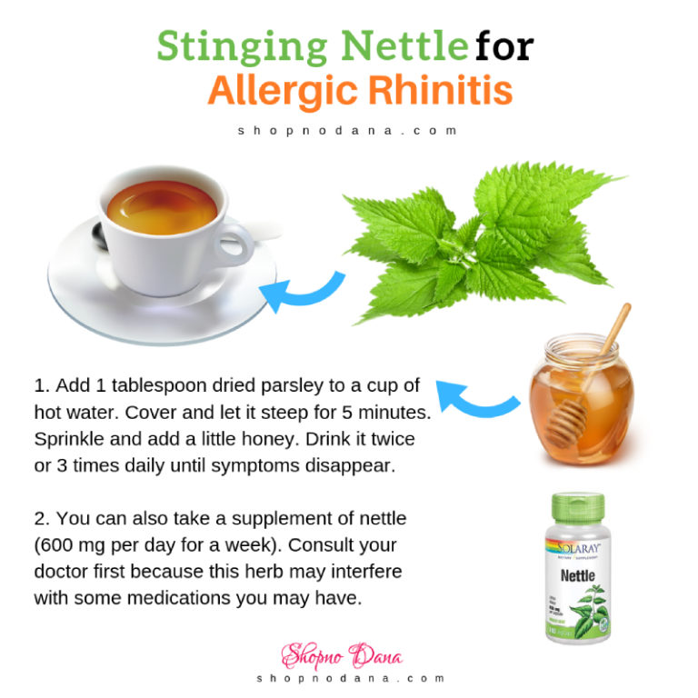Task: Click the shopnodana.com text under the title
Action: click(348, 130)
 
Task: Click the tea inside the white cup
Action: click(162, 208)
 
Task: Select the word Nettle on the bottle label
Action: click(577, 575)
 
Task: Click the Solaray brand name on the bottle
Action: click(577, 546)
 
